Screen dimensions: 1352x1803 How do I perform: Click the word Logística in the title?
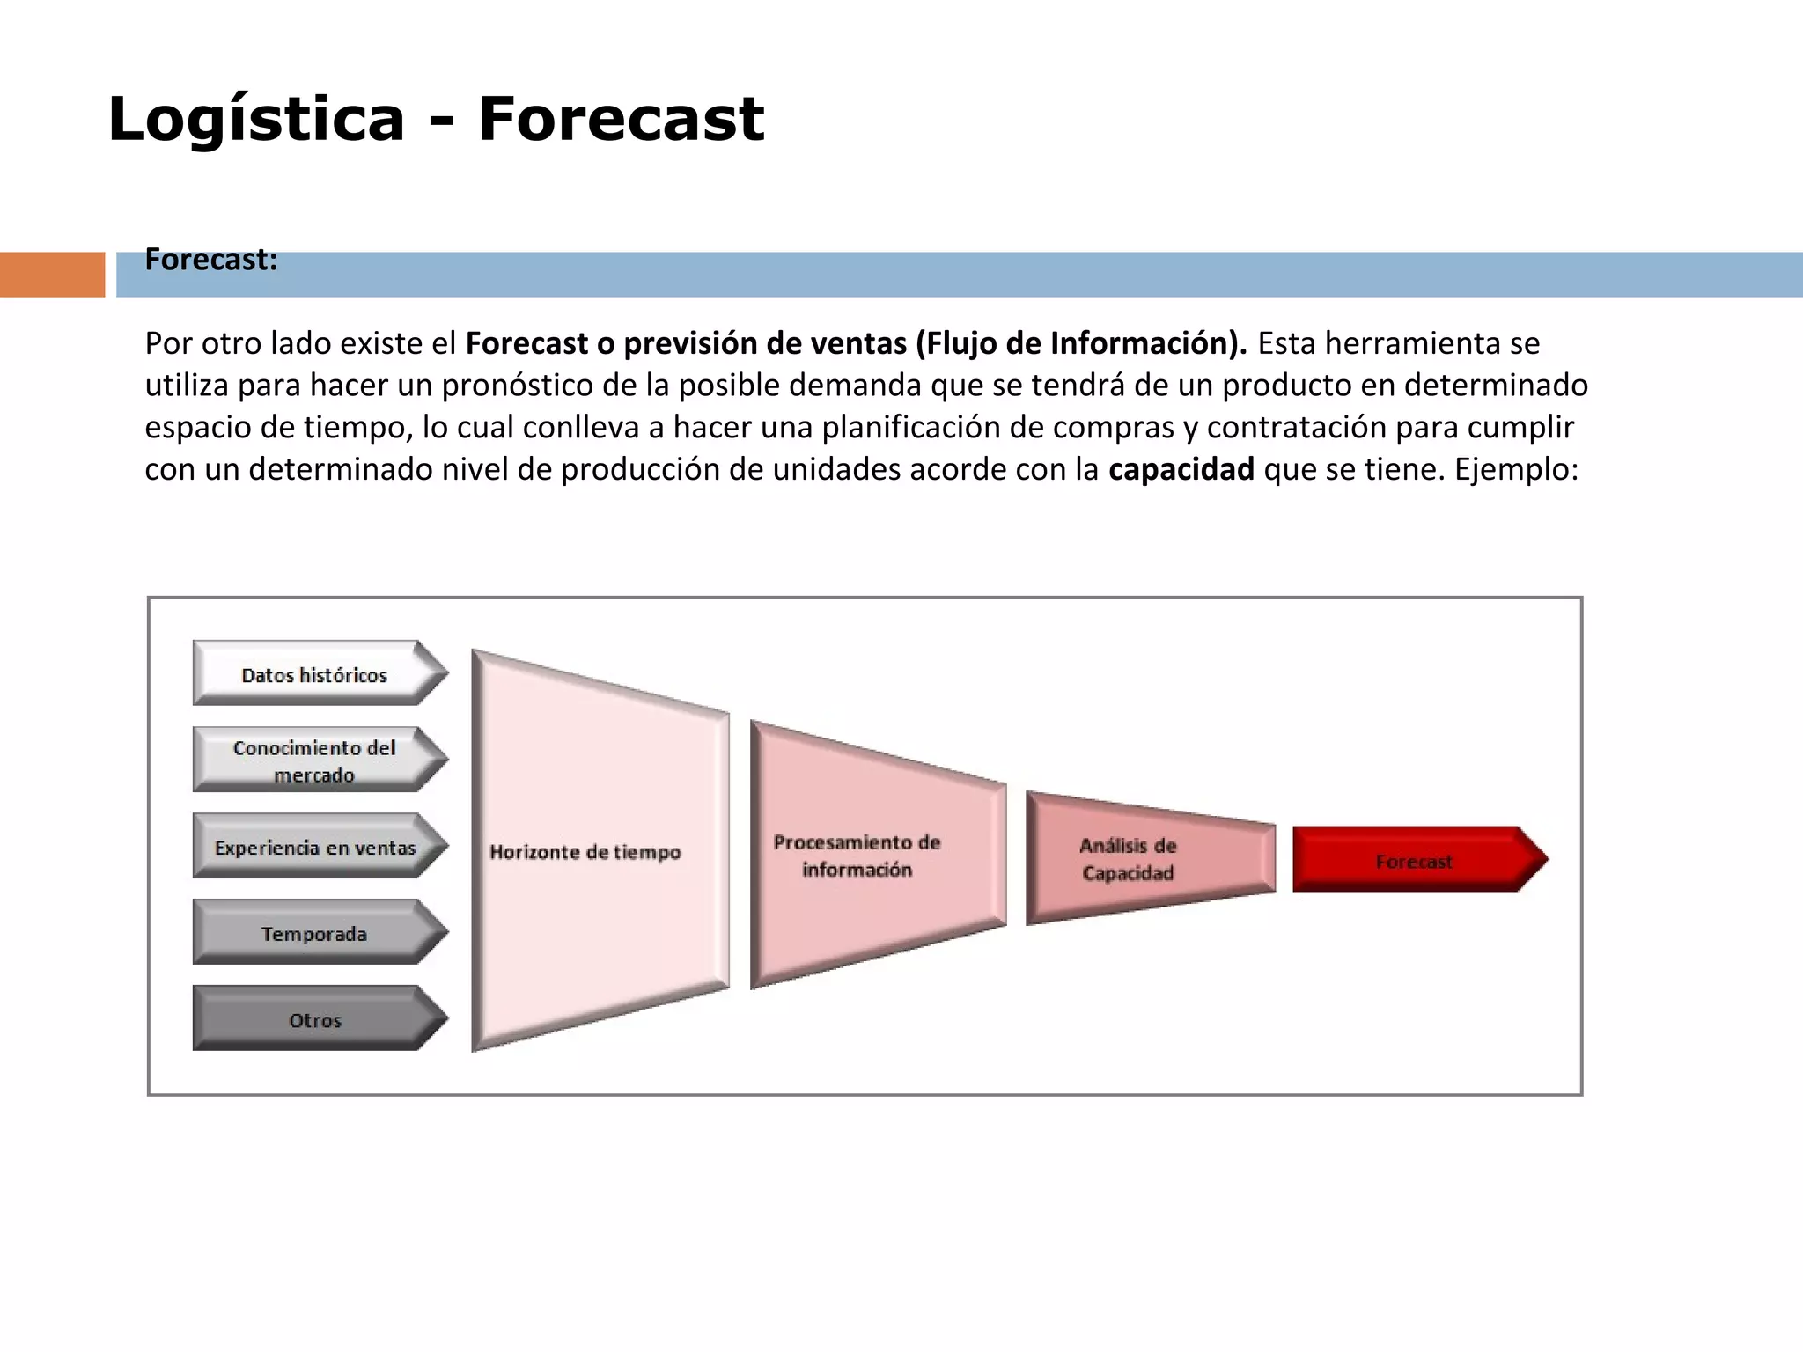click(x=255, y=119)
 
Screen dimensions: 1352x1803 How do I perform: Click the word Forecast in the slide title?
click(x=621, y=119)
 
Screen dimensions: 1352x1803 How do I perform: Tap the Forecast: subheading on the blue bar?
click(x=211, y=261)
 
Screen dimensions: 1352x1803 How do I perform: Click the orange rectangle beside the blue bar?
click(x=52, y=275)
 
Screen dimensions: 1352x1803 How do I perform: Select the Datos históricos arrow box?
click(x=315, y=674)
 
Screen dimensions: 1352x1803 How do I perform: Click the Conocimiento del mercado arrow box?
click(x=315, y=760)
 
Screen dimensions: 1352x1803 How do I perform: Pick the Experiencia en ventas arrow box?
click(x=315, y=847)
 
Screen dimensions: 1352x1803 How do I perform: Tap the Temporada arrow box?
click(x=315, y=933)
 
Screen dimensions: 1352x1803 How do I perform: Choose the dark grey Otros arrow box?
click(x=315, y=1019)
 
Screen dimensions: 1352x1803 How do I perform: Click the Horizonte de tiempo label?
click(x=585, y=852)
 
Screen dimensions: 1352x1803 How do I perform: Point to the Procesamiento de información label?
click(x=857, y=856)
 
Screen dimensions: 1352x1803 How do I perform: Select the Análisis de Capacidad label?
click(x=1128, y=859)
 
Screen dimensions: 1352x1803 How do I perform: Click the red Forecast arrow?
click(x=1414, y=861)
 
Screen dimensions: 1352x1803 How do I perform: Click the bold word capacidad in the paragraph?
click(x=1181, y=469)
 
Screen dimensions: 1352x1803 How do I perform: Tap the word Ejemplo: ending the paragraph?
click(x=1516, y=469)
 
